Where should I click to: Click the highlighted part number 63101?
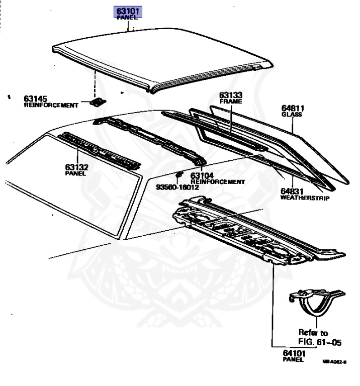pyautogui.click(x=129, y=10)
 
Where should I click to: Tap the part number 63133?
pyautogui.click(x=231, y=94)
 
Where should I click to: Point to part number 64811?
pyautogui.click(x=293, y=108)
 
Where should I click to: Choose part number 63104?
pyautogui.click(x=202, y=175)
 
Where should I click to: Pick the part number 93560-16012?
pyautogui.click(x=177, y=187)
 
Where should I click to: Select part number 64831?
pyautogui.click(x=292, y=191)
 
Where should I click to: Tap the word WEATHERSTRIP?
pyautogui.click(x=305, y=199)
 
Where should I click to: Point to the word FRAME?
pyautogui.click(x=231, y=101)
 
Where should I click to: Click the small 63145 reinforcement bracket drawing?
pyautogui.click(x=97, y=102)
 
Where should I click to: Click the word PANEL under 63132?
pyautogui.click(x=75, y=173)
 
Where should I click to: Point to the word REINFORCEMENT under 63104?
pyautogui.click(x=218, y=181)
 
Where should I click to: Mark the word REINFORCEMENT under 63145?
pyautogui.click(x=51, y=106)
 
